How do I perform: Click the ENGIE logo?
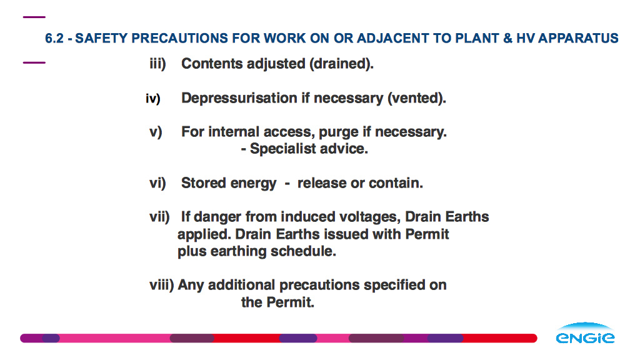585,332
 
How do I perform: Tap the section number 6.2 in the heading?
54,38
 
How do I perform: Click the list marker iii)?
157,64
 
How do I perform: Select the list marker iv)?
153,98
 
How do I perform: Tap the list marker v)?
156,132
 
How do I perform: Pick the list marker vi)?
157,183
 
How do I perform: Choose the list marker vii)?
159,217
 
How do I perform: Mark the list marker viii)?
162,285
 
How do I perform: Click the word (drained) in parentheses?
340,64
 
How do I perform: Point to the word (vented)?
416,98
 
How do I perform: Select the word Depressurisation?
239,98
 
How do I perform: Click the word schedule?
302,251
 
